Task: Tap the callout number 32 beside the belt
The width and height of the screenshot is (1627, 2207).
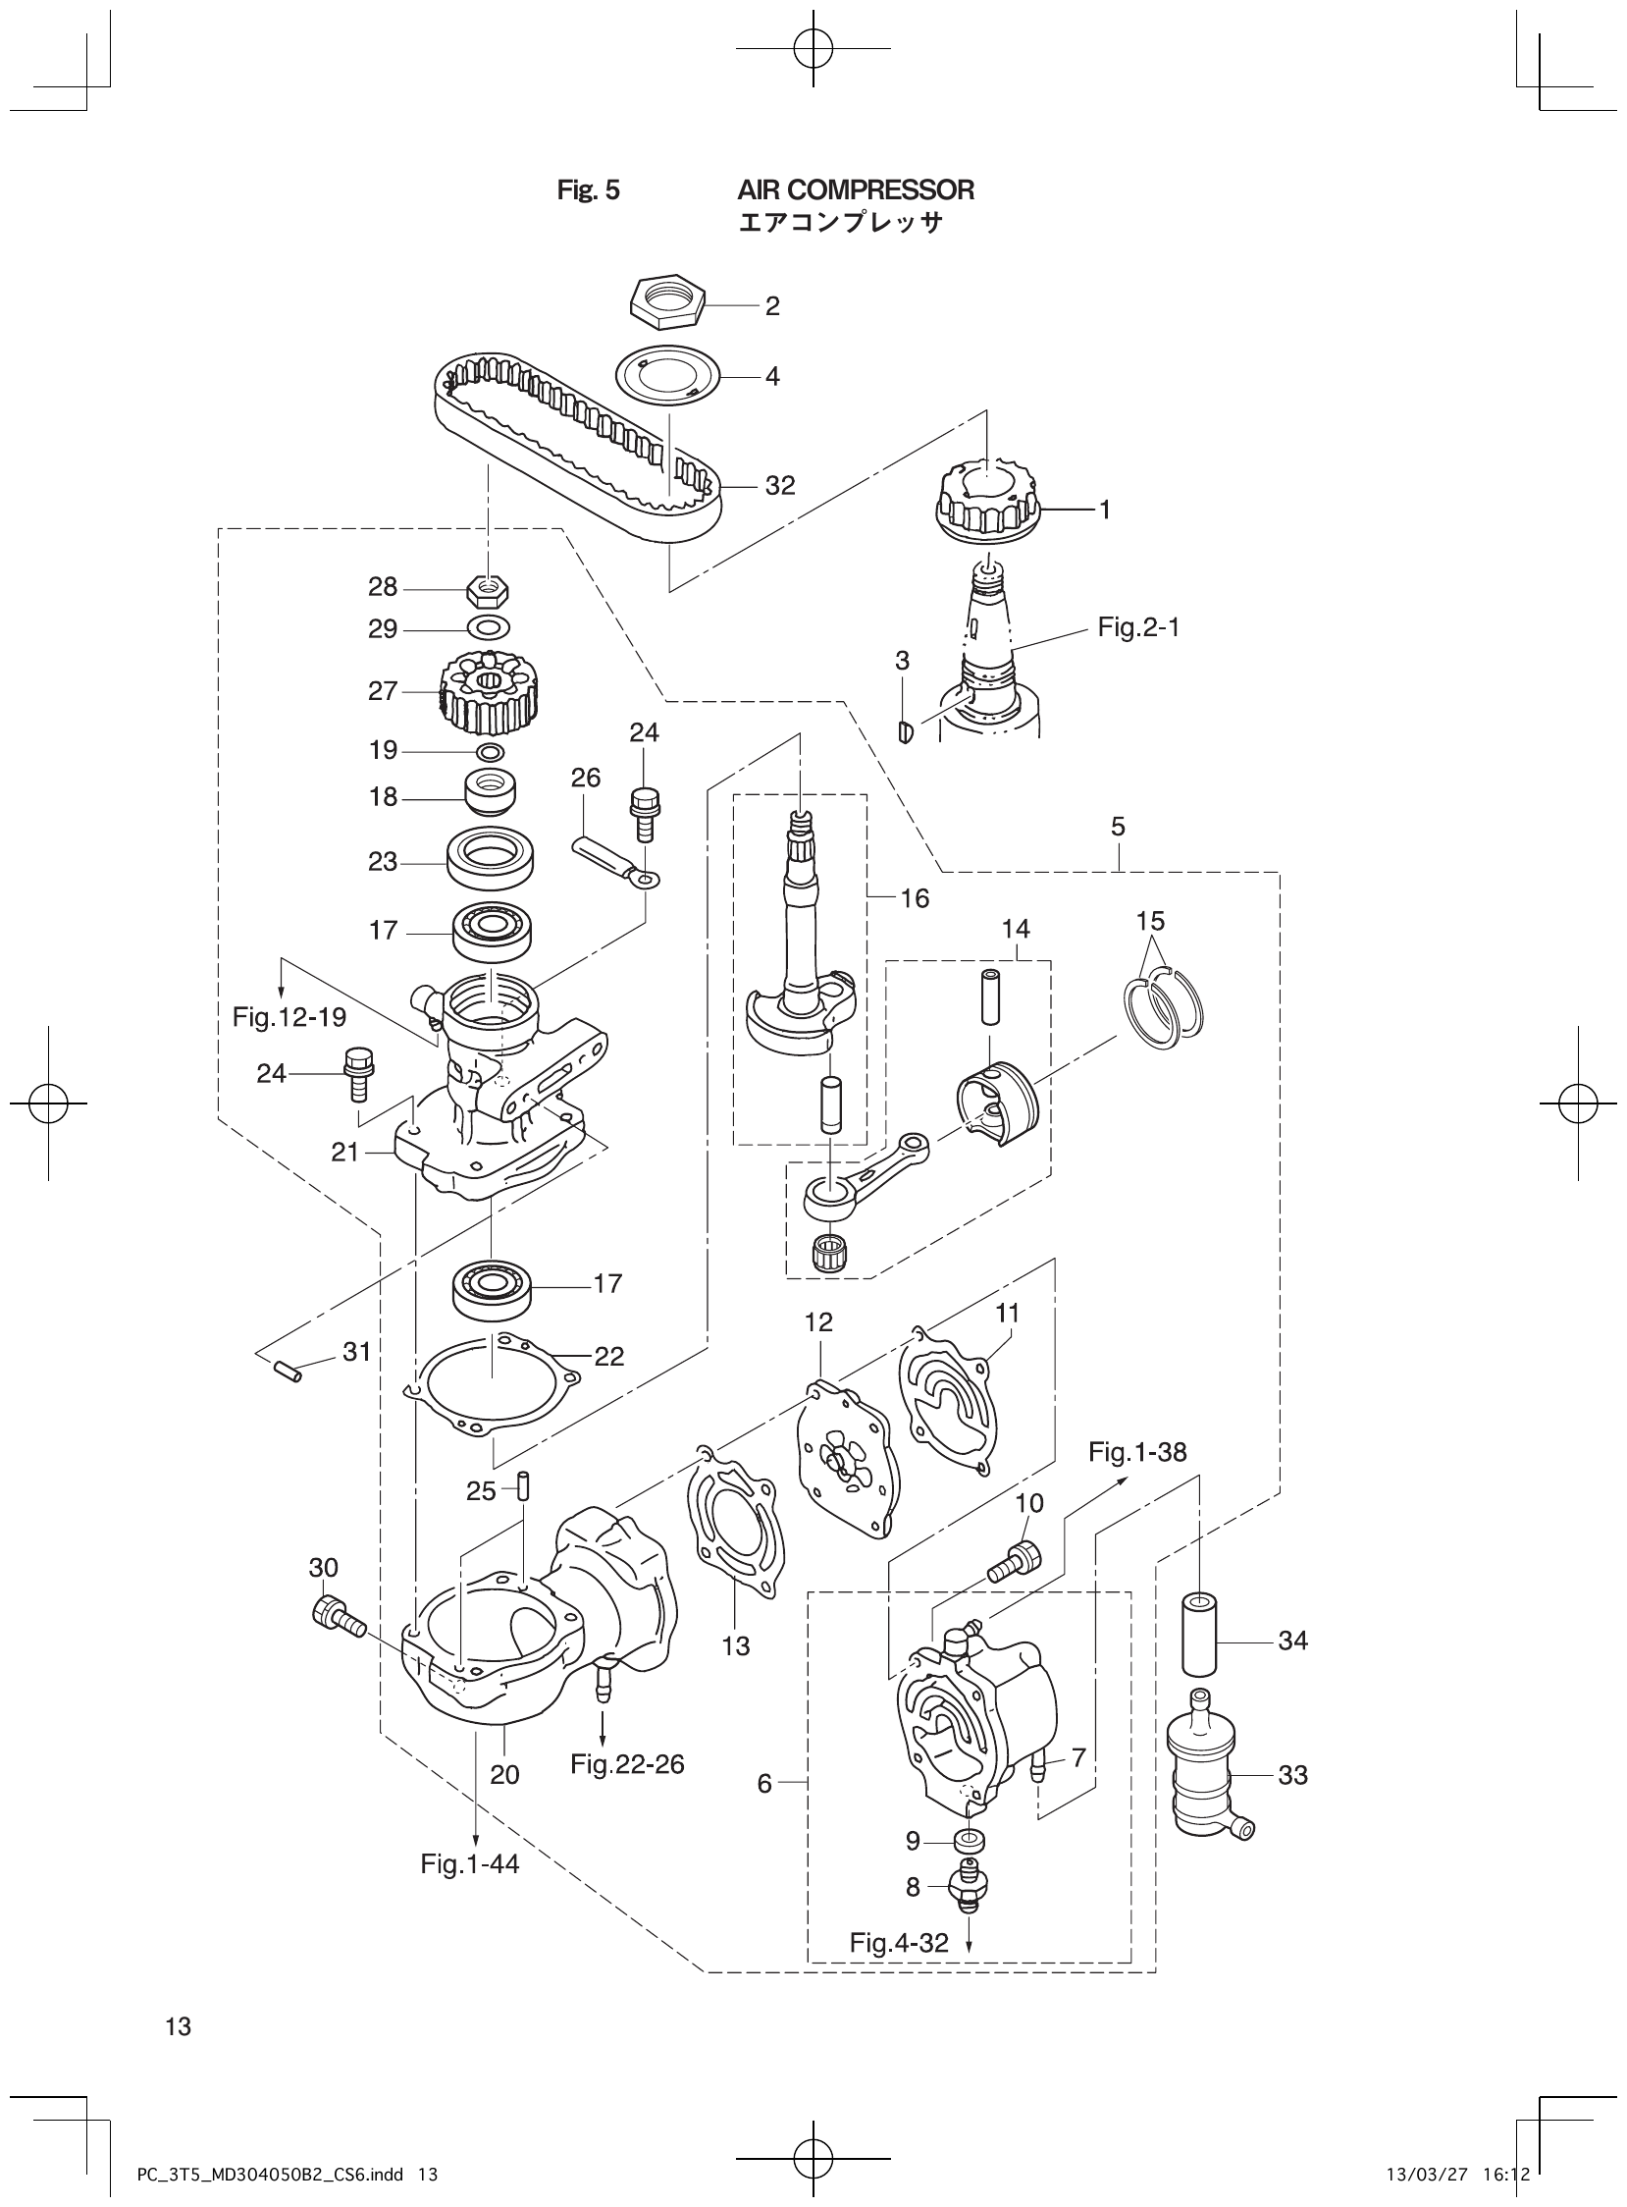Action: pos(780,486)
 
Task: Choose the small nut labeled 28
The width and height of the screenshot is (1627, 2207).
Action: pos(487,590)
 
